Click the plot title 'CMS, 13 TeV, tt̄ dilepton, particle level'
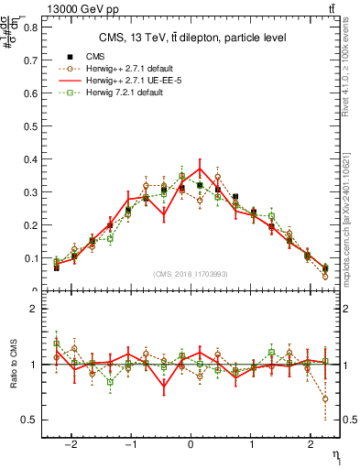coord(192,38)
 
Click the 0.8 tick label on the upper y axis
coord(31,27)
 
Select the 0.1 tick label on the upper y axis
coord(31,258)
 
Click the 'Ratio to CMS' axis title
coord(11,364)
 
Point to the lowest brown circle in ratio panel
coord(325,398)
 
